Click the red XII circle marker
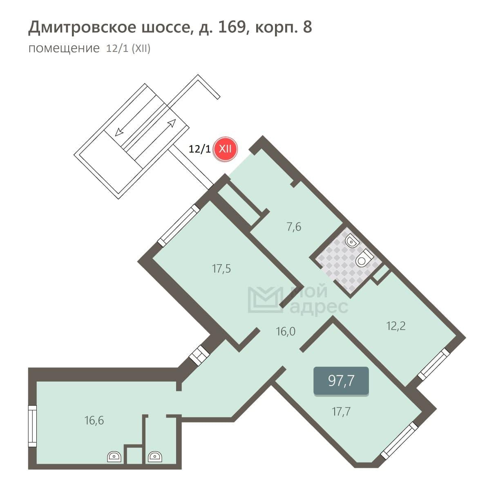pyautogui.click(x=226, y=149)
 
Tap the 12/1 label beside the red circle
pyautogui.click(x=199, y=149)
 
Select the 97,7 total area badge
pyautogui.click(x=341, y=381)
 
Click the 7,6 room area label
pyautogui.click(x=294, y=227)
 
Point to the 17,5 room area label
pyautogui.click(x=221, y=269)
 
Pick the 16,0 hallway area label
pyautogui.click(x=286, y=332)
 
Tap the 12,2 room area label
pyautogui.click(x=396, y=326)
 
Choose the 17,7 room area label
pyautogui.click(x=341, y=412)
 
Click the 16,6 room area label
pyautogui.click(x=94, y=420)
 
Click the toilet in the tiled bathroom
pyautogui.click(x=364, y=257)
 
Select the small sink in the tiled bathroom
pyautogui.click(x=351, y=241)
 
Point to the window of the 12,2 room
pyautogui.click(x=434, y=364)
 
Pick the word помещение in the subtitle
pyautogui.click(x=64, y=48)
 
